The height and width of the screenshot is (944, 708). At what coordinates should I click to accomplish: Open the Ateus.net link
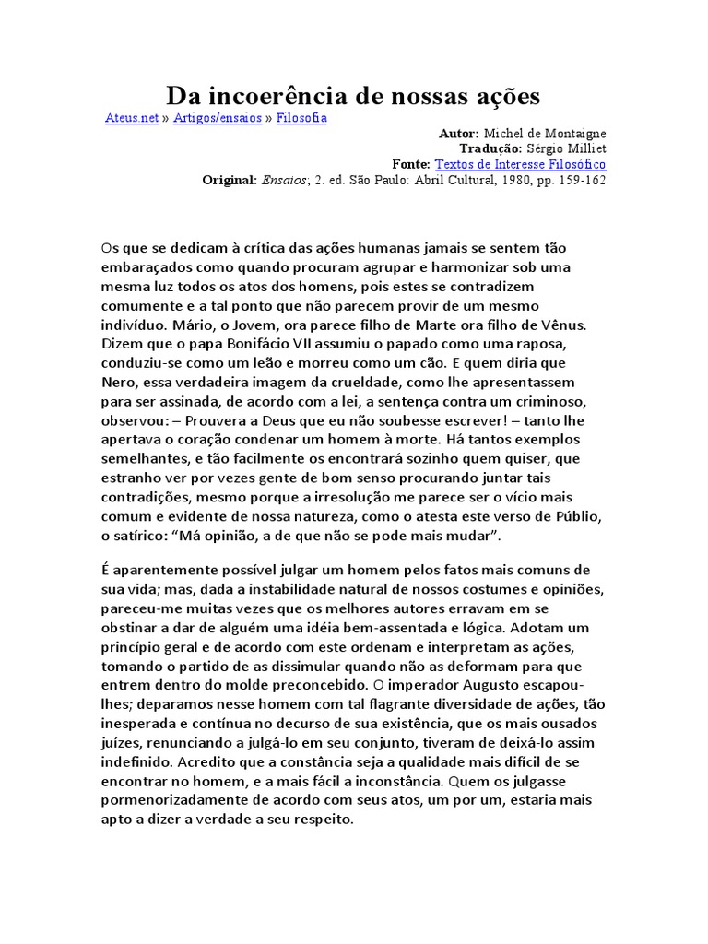click(132, 119)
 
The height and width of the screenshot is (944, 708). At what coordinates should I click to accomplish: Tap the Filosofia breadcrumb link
click(301, 119)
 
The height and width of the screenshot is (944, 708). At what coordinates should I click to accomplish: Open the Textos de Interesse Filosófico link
click(520, 164)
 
